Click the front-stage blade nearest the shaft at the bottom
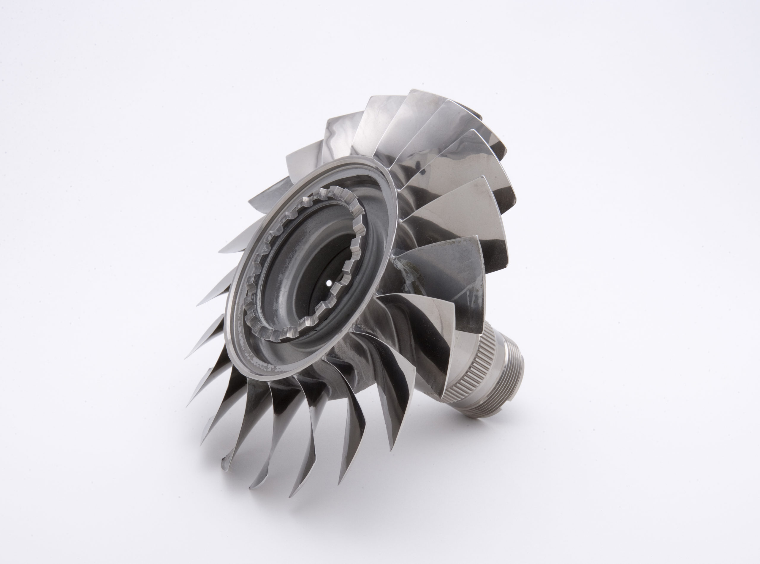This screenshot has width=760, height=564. click(x=392, y=420)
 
